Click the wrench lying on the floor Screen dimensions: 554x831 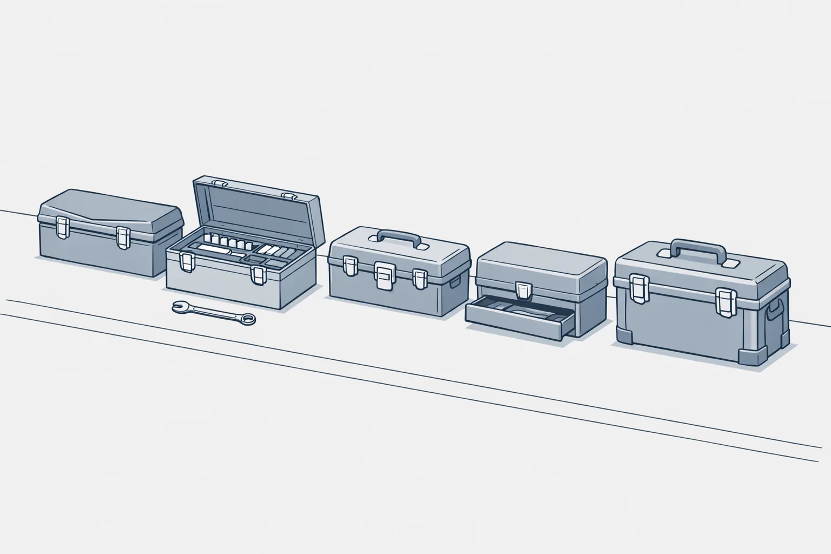214,313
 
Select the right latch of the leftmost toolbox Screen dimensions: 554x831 124,236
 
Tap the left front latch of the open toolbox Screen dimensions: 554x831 187,262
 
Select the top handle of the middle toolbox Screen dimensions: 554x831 399,238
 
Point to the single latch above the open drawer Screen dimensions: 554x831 523,291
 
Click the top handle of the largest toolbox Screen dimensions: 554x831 697,250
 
